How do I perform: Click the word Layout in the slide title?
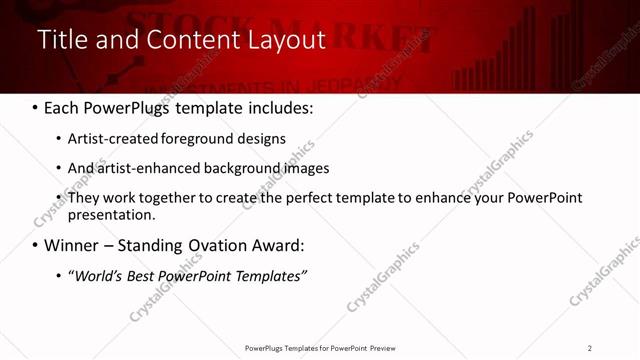pyautogui.click(x=286, y=40)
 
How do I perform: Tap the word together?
pyautogui.click(x=169, y=198)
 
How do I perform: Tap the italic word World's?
pyautogui.click(x=96, y=276)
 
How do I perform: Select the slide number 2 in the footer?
pyautogui.click(x=590, y=348)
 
